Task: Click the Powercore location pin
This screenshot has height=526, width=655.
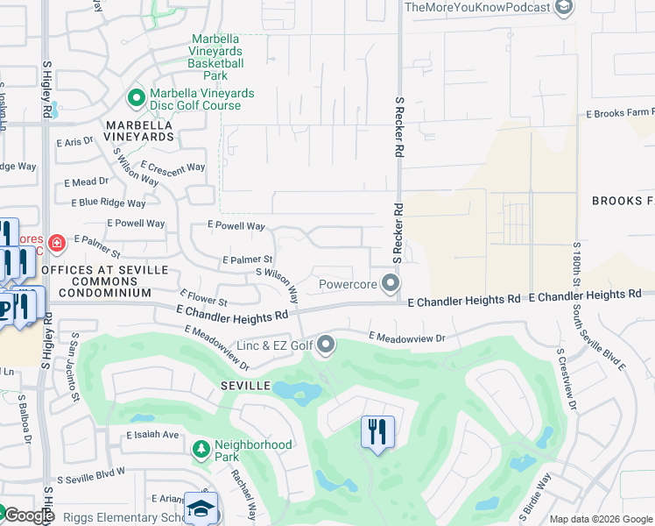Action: pyautogui.click(x=391, y=283)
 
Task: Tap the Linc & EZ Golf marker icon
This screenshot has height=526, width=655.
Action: pyautogui.click(x=326, y=345)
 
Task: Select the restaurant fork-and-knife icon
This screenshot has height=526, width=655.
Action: pyautogui.click(x=377, y=431)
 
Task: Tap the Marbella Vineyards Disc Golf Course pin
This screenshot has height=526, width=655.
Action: pyautogui.click(x=136, y=96)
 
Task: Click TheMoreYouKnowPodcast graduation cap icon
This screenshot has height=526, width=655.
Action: pyautogui.click(x=565, y=8)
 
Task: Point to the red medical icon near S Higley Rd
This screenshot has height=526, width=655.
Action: pyautogui.click(x=57, y=241)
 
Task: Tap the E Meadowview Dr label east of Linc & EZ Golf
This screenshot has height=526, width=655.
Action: pyautogui.click(x=407, y=337)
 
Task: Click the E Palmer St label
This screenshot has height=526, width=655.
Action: pyautogui.click(x=248, y=260)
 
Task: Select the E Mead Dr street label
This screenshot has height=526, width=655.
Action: pyautogui.click(x=86, y=181)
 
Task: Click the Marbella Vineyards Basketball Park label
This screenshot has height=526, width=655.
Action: pyautogui.click(x=217, y=58)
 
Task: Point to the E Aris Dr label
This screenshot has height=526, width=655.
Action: pyautogui.click(x=74, y=141)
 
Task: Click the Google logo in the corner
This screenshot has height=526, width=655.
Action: pyautogui.click(x=28, y=516)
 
